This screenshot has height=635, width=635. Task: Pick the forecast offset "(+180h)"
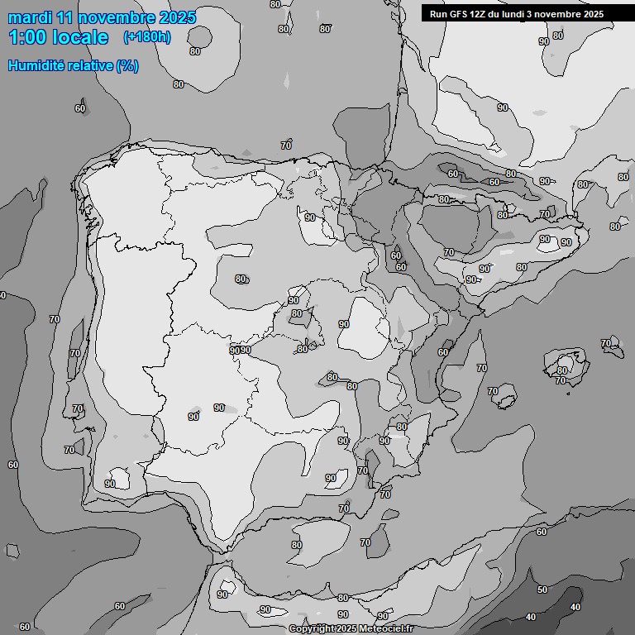pos(146,37)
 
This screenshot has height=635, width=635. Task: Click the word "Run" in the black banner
pos(438,14)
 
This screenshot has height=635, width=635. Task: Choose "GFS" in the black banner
pos(459,14)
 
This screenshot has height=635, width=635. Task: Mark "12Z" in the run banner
pos(481,14)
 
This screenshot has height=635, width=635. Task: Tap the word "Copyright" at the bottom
pos(314,629)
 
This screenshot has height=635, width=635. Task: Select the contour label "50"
pos(542,590)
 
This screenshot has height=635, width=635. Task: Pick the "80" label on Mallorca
pos(563,370)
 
